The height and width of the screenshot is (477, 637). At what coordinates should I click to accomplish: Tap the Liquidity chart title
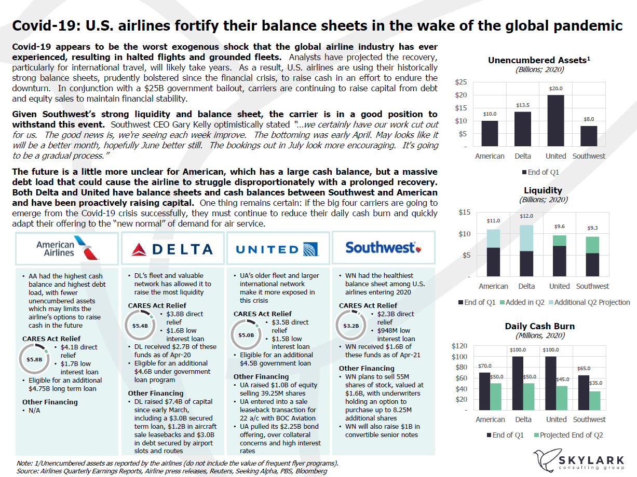543,190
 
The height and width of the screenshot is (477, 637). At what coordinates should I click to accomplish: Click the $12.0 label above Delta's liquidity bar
526,216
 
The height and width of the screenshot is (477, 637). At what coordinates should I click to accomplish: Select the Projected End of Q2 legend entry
569,435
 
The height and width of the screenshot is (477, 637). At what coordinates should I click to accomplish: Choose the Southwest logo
383,248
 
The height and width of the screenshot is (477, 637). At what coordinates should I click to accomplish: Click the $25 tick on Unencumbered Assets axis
461,82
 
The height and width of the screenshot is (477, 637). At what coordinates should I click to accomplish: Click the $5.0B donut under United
246,334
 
